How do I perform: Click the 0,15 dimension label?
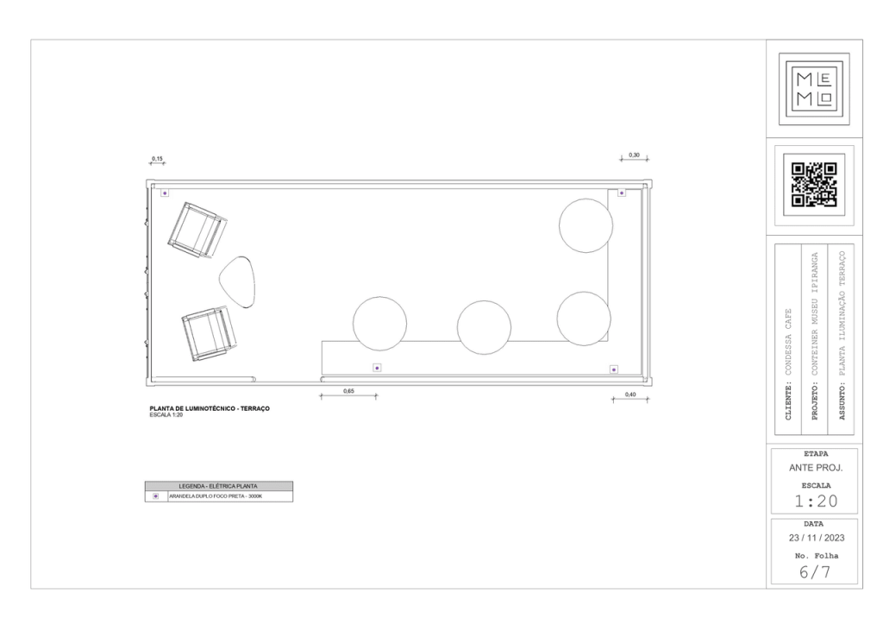157,159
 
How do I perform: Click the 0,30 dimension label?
634,155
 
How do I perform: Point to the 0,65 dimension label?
348,391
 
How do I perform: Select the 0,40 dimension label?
630,395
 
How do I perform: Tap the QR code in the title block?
814,185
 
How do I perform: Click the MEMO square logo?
814,89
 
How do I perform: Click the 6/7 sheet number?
814,572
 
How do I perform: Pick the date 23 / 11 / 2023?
817,538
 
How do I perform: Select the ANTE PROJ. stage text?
816,468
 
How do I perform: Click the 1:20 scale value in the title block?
816,501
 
